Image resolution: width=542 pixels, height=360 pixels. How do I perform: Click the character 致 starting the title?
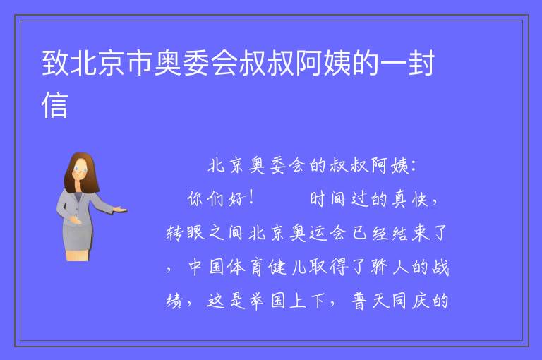click(x=55, y=63)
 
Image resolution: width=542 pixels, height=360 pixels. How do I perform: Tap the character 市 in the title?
click(x=139, y=63)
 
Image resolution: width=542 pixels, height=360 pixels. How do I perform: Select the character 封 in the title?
click(x=421, y=63)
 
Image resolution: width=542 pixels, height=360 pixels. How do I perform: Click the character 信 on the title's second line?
click(x=54, y=104)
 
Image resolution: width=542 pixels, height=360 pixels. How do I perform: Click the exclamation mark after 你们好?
click(x=251, y=198)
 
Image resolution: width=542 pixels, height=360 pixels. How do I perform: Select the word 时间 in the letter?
click(x=327, y=199)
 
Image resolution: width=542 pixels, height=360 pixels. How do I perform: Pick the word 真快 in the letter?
click(x=410, y=200)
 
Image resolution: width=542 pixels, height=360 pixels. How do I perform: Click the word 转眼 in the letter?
click(x=186, y=233)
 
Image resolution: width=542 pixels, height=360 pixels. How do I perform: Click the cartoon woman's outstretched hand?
click(x=120, y=209)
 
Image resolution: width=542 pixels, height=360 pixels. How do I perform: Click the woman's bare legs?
click(x=77, y=256)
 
